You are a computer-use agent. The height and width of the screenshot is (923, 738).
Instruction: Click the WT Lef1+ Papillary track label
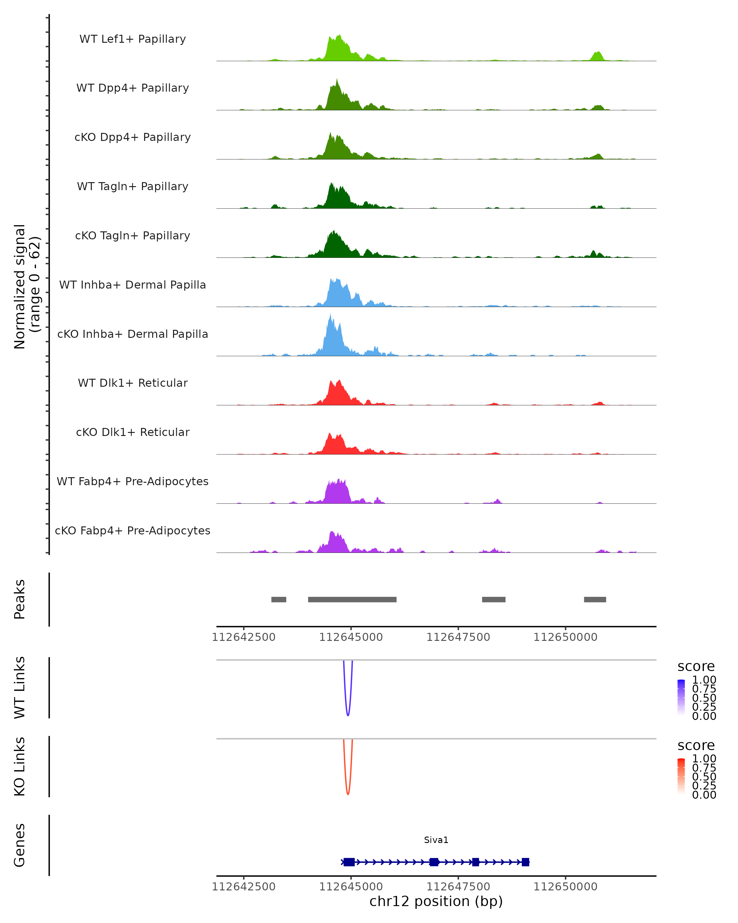(133, 39)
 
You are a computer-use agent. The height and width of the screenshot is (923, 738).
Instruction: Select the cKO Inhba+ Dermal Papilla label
(133, 334)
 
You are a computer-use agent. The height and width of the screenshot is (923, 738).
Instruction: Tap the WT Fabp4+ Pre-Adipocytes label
(133, 481)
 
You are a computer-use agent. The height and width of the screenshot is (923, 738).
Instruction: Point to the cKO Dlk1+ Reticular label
(133, 432)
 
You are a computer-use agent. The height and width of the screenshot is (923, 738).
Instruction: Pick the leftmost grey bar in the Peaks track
(279, 599)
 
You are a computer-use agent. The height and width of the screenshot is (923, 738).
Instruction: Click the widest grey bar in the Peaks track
(352, 599)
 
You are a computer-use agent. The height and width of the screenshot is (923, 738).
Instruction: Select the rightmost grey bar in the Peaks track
(595, 599)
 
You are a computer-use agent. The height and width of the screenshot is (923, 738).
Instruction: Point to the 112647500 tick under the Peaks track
(458, 637)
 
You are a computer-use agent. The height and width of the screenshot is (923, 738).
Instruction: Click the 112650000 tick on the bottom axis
(565, 886)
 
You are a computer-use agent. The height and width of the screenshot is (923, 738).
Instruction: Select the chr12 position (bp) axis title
(436, 901)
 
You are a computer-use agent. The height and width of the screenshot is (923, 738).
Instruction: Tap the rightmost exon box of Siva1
(526, 862)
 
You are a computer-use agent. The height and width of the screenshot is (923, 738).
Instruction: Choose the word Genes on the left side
(20, 845)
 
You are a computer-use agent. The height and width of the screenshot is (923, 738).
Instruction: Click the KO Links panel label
(20, 766)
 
